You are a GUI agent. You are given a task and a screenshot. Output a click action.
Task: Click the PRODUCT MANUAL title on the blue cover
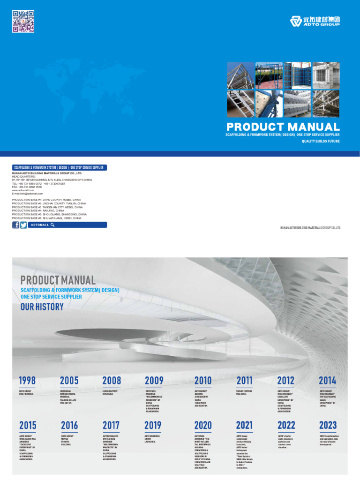click(283, 127)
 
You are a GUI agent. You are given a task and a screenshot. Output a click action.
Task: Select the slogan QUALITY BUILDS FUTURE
click(320, 141)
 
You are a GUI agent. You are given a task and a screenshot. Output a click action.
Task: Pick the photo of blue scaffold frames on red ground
click(269, 75)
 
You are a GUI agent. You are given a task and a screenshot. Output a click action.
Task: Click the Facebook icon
click(16, 225)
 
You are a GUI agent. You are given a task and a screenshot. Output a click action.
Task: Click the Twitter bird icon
click(23, 225)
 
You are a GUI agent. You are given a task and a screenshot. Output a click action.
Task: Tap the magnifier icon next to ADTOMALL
click(53, 225)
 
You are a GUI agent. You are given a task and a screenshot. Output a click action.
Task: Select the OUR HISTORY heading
click(42, 307)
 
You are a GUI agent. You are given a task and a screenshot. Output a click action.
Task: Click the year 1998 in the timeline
click(27, 380)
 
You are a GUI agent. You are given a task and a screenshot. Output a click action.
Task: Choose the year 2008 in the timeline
click(112, 380)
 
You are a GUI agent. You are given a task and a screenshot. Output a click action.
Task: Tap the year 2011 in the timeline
click(244, 380)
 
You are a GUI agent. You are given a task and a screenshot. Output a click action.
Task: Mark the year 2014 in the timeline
click(328, 380)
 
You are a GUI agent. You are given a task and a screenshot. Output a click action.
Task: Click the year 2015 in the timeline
click(28, 425)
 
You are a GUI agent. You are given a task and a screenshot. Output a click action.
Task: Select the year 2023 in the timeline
click(328, 425)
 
